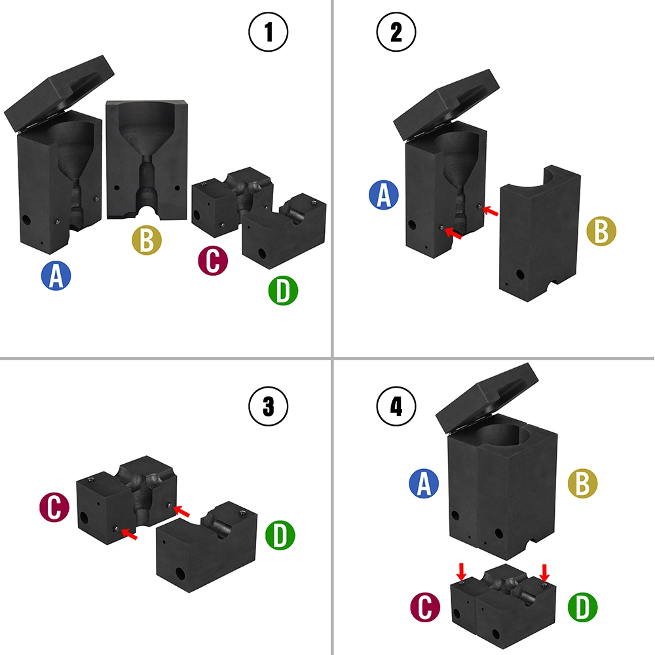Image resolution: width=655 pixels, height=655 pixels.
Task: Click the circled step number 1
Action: click(x=268, y=32)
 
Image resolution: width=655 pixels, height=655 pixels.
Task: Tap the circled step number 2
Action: click(x=396, y=32)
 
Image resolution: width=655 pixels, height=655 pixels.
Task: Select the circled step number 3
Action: click(x=268, y=406)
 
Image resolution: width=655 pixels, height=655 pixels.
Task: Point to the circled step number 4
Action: click(x=396, y=406)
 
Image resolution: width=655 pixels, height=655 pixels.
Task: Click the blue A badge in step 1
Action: click(x=56, y=276)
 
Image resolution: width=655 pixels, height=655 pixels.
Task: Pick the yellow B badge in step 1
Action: click(x=147, y=240)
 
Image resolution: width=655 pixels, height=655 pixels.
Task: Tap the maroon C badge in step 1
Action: click(x=213, y=261)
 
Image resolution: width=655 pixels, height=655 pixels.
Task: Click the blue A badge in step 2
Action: click(x=384, y=195)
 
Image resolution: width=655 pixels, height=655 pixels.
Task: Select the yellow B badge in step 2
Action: click(x=601, y=231)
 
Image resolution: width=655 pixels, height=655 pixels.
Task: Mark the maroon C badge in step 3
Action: click(x=54, y=507)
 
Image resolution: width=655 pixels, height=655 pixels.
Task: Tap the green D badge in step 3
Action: click(x=280, y=535)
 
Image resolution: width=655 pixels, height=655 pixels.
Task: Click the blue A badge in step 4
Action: click(x=424, y=483)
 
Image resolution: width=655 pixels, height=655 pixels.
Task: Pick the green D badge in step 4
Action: click(x=583, y=607)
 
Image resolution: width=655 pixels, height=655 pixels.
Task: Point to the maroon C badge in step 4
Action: click(x=425, y=607)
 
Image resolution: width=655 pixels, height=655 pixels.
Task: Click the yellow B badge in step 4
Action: click(x=583, y=483)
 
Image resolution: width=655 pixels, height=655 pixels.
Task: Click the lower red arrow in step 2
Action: click(x=453, y=234)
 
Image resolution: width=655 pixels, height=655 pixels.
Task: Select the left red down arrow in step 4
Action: click(x=462, y=571)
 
